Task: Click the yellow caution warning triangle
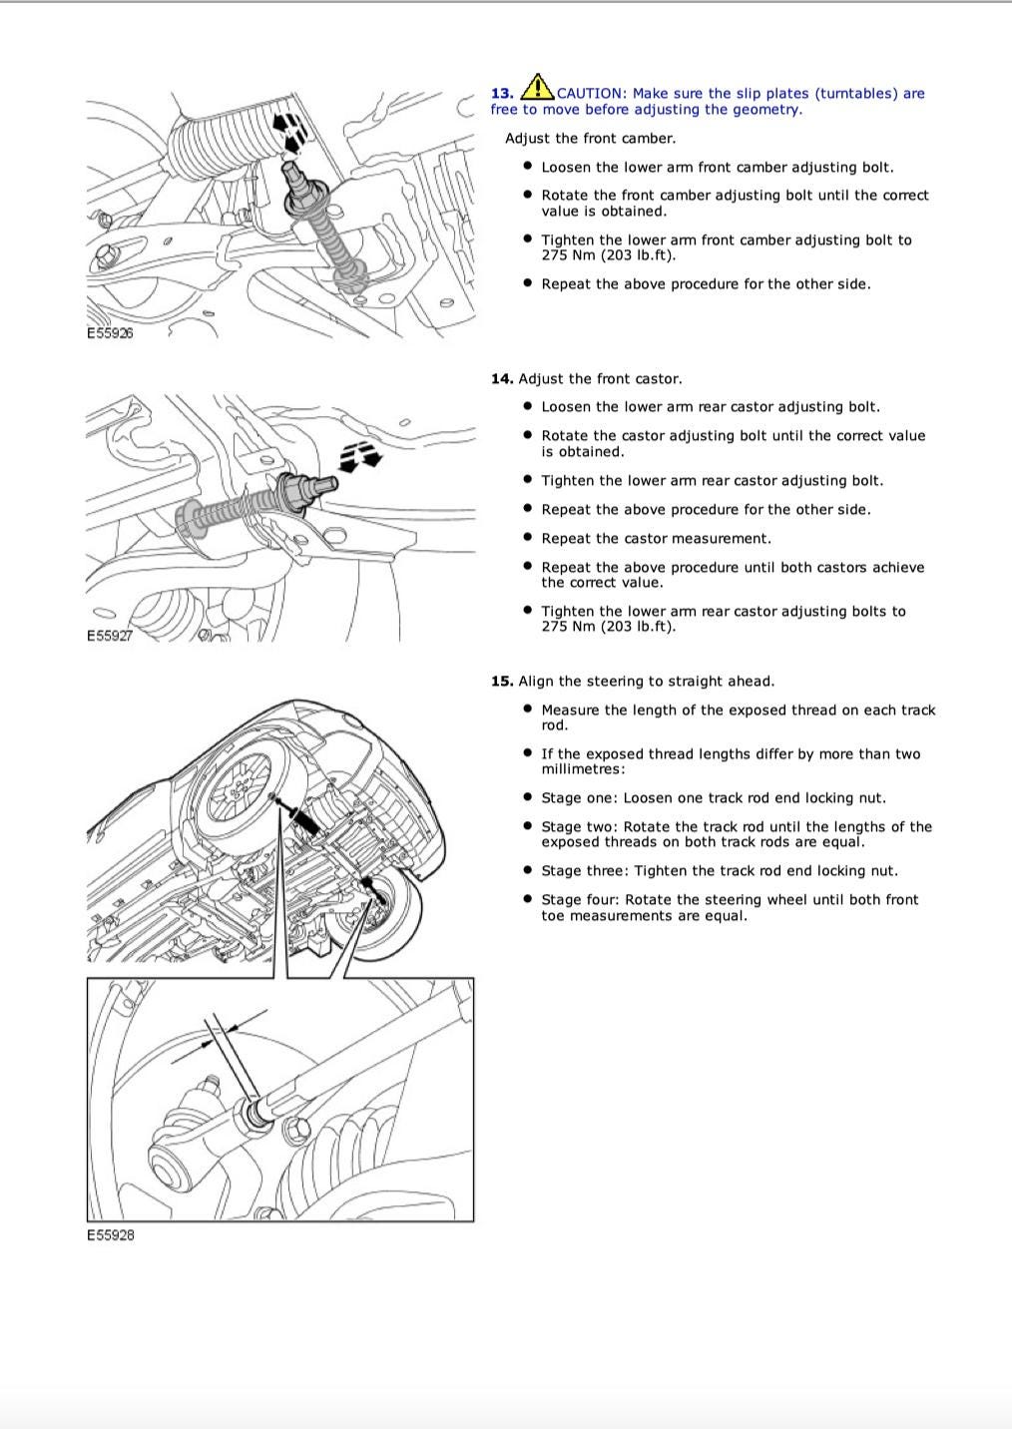(538, 87)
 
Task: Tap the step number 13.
(501, 94)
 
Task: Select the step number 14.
(501, 379)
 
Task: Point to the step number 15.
(501, 682)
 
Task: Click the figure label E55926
(110, 333)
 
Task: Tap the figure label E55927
(110, 636)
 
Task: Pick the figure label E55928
(110, 1235)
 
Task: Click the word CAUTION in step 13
(590, 94)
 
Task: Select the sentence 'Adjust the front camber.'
(590, 139)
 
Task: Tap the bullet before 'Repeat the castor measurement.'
(528, 538)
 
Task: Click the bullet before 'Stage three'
(528, 870)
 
